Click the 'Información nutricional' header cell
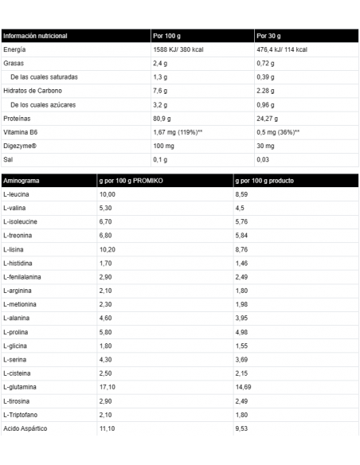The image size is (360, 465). [36, 37]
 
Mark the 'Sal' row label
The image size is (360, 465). [8, 159]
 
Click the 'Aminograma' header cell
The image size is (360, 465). [22, 181]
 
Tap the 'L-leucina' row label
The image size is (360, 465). [17, 194]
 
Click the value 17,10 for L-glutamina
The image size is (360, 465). [108, 386]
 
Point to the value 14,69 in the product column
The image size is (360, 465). [245, 386]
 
